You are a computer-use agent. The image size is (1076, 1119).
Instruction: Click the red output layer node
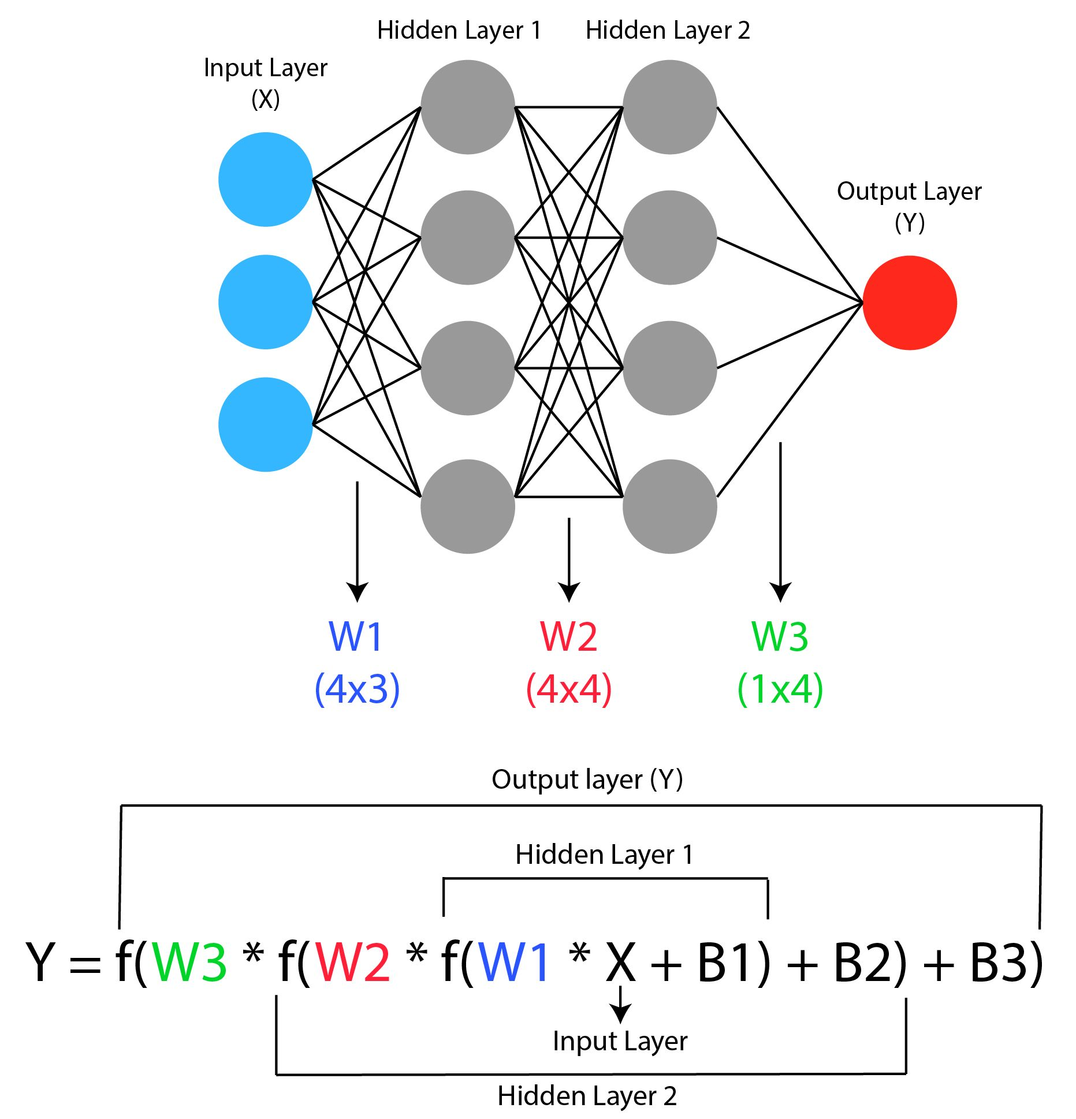[909, 303]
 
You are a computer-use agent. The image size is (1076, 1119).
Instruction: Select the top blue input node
[266, 180]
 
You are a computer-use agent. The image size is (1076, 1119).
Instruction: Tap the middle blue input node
[266, 302]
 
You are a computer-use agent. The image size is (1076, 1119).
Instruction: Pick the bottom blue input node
[266, 424]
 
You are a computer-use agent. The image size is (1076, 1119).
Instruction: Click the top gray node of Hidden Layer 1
[467, 107]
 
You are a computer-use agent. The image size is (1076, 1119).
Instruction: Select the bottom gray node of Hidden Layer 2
[669, 506]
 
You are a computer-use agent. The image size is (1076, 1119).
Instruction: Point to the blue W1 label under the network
[356, 637]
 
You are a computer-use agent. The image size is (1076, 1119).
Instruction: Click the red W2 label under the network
[568, 637]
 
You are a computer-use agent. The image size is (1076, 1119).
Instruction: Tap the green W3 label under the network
[780, 637]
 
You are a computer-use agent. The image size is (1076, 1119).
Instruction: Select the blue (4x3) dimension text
[357, 688]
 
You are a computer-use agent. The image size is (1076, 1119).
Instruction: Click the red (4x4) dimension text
[569, 688]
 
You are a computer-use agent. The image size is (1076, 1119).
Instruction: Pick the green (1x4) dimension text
[780, 688]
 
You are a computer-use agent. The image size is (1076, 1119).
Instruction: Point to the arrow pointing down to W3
[780, 520]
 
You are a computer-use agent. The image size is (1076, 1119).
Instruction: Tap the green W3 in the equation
[189, 962]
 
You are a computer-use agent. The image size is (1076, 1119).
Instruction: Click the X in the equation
[621, 962]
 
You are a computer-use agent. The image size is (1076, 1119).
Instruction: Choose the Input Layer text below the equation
[620, 1041]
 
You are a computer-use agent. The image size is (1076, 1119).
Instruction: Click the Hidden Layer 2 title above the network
[668, 30]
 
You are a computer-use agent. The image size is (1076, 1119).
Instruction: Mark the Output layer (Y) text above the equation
[587, 779]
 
